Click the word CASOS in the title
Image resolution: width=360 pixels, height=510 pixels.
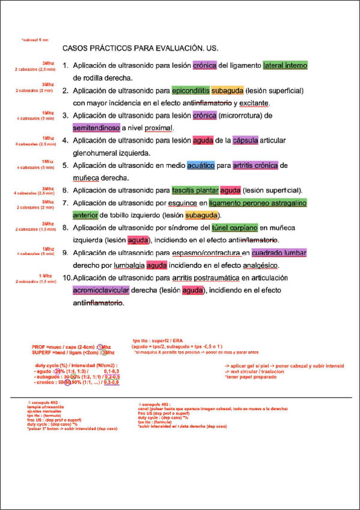pos(77,47)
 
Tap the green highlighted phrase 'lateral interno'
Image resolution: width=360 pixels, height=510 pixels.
pos(285,65)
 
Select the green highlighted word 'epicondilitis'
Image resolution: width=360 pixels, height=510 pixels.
pos(190,91)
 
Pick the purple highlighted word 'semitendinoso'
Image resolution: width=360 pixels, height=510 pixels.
pos(96,128)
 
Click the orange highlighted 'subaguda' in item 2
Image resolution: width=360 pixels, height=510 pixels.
pos(227,91)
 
